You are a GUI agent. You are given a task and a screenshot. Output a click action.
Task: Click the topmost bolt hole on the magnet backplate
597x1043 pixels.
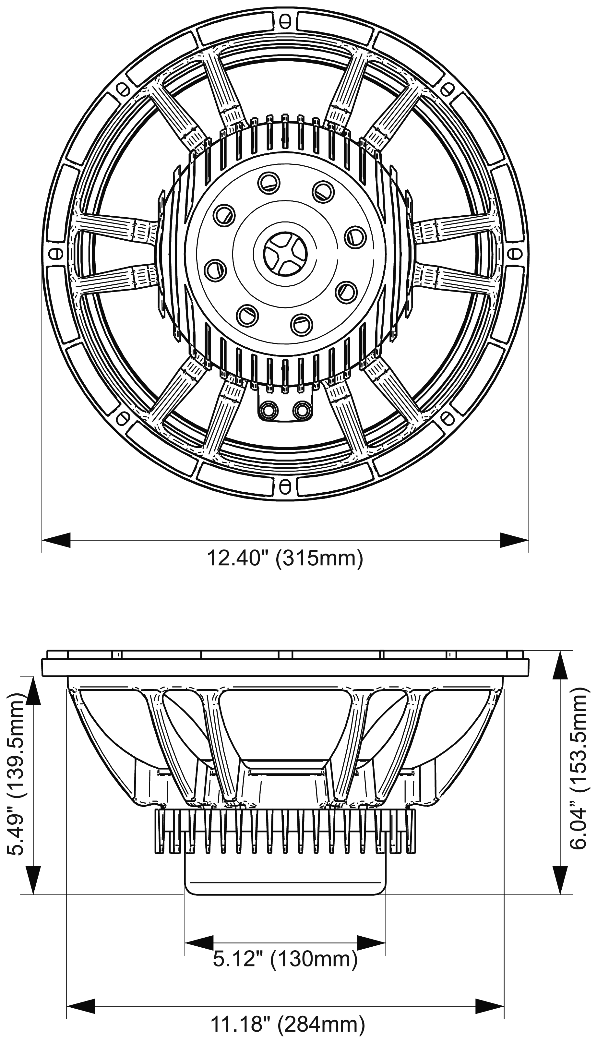269,181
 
